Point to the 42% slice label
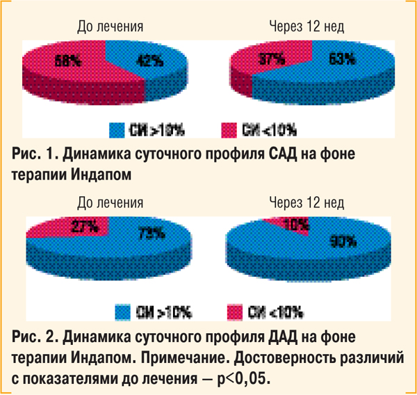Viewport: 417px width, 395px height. click(x=150, y=61)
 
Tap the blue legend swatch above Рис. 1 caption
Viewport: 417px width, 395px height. click(x=115, y=129)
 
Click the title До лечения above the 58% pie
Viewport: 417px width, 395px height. click(x=111, y=27)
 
